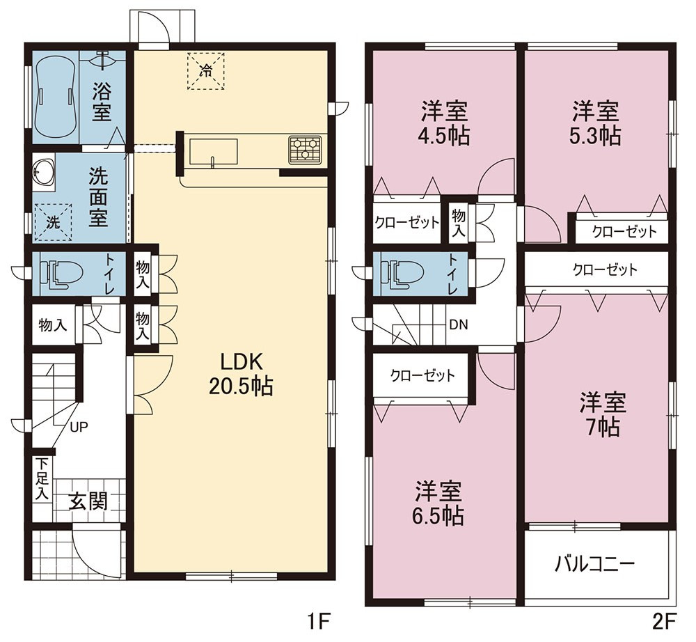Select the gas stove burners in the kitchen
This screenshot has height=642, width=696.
pos(305,148)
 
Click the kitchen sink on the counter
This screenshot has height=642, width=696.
pos(213,153)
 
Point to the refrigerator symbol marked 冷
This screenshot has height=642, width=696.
pos(205,71)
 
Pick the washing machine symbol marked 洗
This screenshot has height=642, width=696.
pos(53,222)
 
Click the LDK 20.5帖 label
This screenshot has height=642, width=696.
pos(241,375)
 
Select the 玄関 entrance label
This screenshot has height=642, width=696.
pos(88,502)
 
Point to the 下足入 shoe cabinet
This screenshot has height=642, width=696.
pos(42,480)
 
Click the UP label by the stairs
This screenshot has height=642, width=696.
pos(79,427)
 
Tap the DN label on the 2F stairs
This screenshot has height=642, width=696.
pos(459,325)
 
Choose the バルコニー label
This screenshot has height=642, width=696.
pos(595,564)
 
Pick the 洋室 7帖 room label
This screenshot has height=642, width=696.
pos(603,414)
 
